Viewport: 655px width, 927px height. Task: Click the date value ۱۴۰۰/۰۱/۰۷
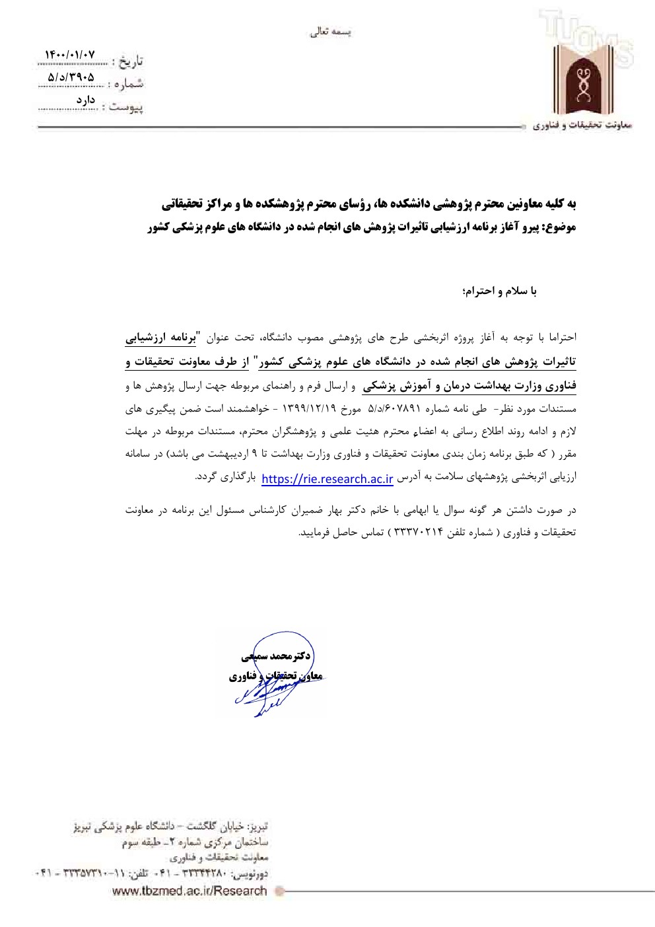[x=70, y=54]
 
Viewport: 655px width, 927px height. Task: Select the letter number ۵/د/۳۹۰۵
[x=71, y=77]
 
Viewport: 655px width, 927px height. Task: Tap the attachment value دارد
[x=86, y=100]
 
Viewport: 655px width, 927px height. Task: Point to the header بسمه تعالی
[x=331, y=32]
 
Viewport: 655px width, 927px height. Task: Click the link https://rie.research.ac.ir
[x=327, y=479]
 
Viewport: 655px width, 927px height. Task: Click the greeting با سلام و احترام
[x=500, y=291]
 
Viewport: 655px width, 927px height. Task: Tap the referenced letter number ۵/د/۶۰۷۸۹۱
[x=394, y=409]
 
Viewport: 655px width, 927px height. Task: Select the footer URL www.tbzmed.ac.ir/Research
[x=190, y=891]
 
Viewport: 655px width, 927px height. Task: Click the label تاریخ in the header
[x=130, y=61]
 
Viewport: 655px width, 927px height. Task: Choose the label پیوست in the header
[x=128, y=106]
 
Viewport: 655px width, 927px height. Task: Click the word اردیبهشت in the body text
[x=223, y=454]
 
